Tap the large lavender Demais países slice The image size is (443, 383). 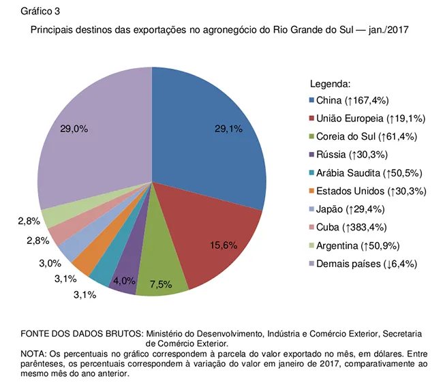[95, 136]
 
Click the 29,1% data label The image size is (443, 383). [228, 128]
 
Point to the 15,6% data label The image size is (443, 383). [224, 245]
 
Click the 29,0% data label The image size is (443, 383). [74, 128]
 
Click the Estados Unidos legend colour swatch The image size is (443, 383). [312, 191]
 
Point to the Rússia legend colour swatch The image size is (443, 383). [312, 155]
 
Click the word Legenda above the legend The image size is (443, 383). [330, 85]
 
